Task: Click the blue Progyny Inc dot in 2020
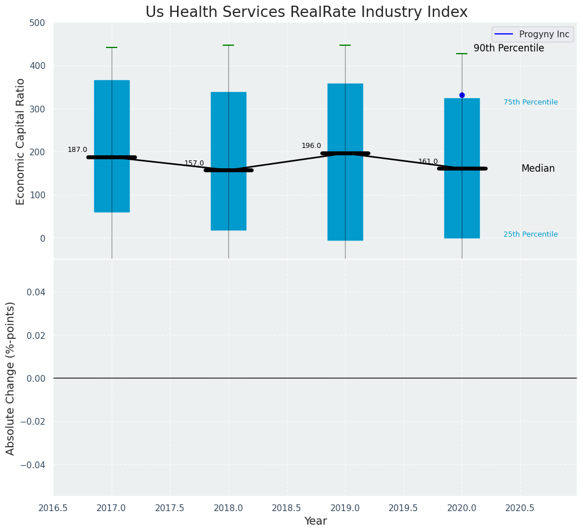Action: pyautogui.click(x=462, y=95)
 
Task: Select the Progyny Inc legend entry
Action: pyautogui.click(x=533, y=34)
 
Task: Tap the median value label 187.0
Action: pyautogui.click(x=77, y=150)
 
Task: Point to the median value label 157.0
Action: pyautogui.click(x=194, y=163)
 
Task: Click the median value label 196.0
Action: pyautogui.click(x=311, y=146)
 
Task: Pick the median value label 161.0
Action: pyautogui.click(x=428, y=162)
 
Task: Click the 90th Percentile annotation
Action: pyautogui.click(x=509, y=49)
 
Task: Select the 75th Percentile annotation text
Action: pyautogui.click(x=531, y=102)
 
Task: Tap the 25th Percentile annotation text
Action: pyautogui.click(x=531, y=234)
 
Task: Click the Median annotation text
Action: pyautogui.click(x=538, y=168)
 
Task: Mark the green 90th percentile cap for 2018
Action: pyautogui.click(x=228, y=45)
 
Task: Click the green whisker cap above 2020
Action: pyautogui.click(x=462, y=54)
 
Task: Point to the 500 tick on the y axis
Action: pyautogui.click(x=37, y=23)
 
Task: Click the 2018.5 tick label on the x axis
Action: pyautogui.click(x=286, y=508)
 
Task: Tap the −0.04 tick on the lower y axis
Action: pyautogui.click(x=32, y=465)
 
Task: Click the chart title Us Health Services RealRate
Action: pyautogui.click(x=306, y=12)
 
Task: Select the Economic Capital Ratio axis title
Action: pyautogui.click(x=21, y=141)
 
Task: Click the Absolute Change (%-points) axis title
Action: pyautogui.click(x=11, y=378)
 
